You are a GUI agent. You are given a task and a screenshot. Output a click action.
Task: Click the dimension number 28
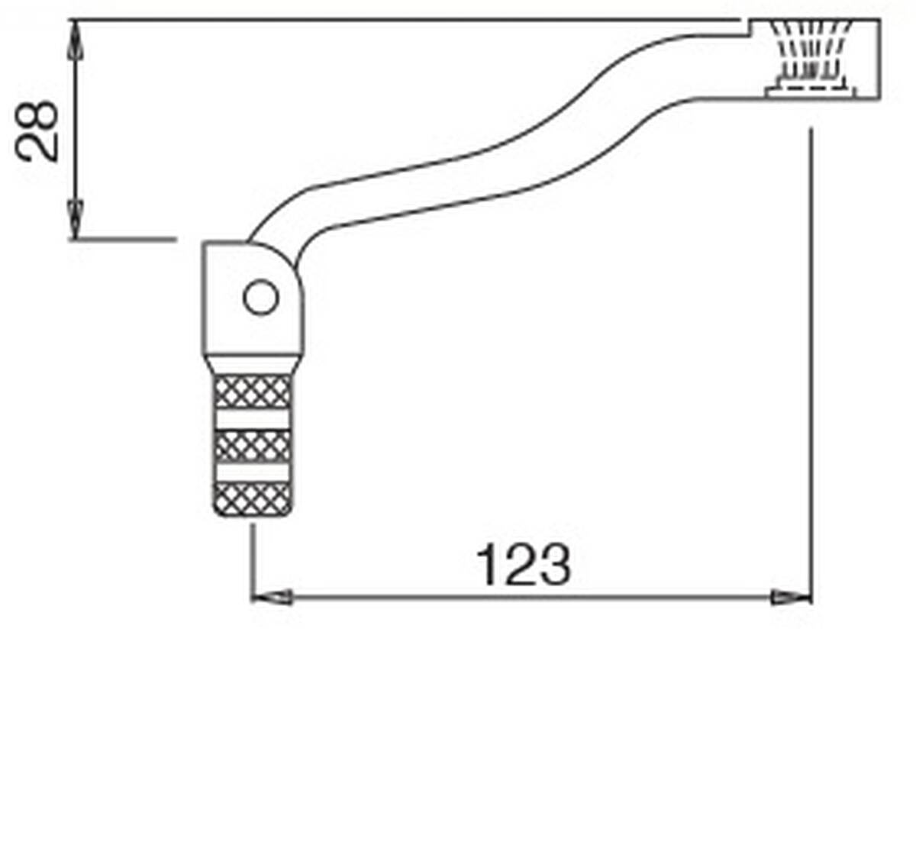coord(37,131)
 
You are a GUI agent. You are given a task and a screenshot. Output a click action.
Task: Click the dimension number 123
coord(523,565)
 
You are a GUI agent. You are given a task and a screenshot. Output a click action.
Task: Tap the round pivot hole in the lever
coord(261,297)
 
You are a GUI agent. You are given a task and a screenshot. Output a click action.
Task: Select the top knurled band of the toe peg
coord(253,392)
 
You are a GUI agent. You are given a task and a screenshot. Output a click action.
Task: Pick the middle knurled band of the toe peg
coord(253,446)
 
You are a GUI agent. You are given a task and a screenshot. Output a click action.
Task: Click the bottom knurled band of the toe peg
coord(253,499)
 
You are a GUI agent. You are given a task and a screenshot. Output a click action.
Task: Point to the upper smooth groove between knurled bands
coord(253,420)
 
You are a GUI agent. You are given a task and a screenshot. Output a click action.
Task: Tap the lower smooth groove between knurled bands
coord(253,472)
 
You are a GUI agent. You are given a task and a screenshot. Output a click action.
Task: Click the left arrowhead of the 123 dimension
coord(271,598)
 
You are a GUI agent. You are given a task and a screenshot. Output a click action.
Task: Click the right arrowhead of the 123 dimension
coord(792,598)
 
